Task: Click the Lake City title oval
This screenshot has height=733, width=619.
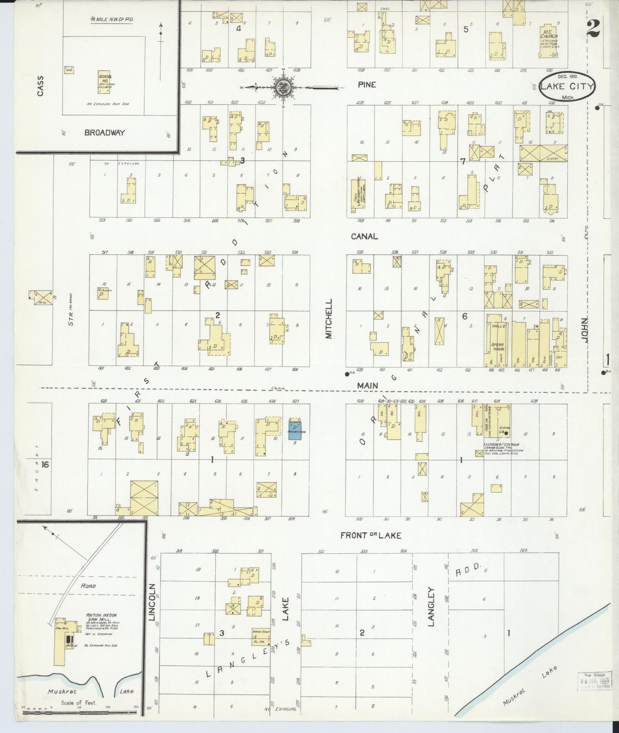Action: (566, 86)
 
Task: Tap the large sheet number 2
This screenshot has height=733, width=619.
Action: (593, 29)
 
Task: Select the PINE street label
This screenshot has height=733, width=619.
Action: (367, 84)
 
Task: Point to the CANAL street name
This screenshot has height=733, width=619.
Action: (364, 236)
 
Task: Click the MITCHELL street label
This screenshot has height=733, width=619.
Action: (329, 318)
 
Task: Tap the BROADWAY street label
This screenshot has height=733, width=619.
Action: (105, 132)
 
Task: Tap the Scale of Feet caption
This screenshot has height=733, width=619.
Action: (79, 703)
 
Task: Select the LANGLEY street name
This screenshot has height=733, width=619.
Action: (431, 607)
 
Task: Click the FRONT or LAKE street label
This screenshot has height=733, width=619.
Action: (370, 535)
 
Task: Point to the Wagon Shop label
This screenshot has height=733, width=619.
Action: (260, 631)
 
